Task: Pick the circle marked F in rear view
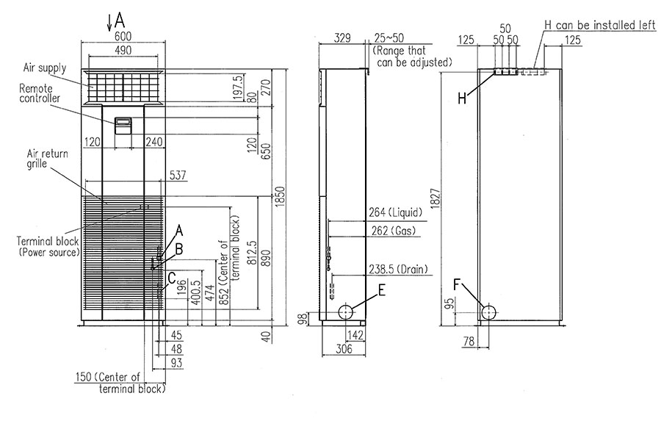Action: click(x=488, y=312)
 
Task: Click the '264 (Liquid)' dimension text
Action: click(x=394, y=213)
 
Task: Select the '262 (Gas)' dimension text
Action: click(x=392, y=231)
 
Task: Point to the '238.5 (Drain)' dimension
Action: click(x=398, y=269)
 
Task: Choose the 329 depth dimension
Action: click(x=342, y=37)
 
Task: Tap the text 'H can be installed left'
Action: click(x=599, y=24)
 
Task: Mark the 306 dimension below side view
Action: click(x=344, y=350)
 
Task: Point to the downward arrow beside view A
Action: click(x=109, y=21)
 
